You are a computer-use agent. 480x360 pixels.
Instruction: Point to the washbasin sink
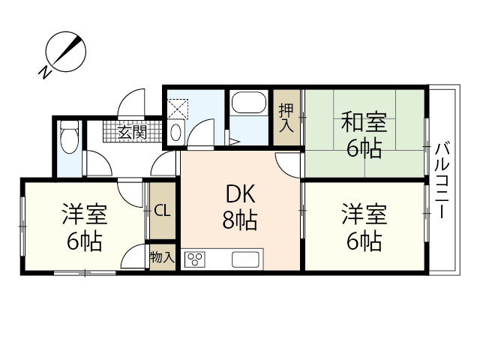[x=175, y=132]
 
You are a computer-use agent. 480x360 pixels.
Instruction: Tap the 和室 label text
[x=364, y=121]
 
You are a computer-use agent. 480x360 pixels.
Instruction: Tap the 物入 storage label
[x=162, y=257]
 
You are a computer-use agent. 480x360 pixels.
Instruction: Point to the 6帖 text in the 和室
[x=364, y=148]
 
